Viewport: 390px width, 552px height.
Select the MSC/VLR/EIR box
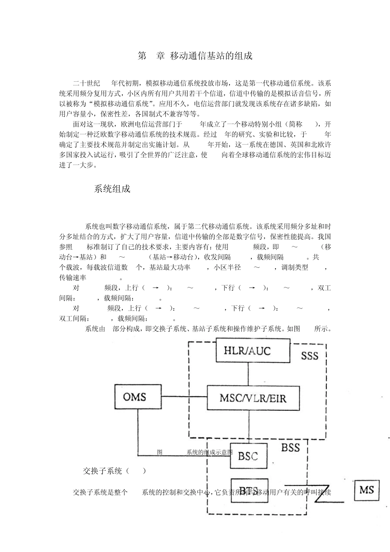(x=252, y=398)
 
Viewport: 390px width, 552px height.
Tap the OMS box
(x=135, y=397)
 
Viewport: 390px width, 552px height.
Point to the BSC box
(x=248, y=455)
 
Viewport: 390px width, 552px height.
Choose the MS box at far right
(x=367, y=490)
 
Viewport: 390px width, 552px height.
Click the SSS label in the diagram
(x=310, y=356)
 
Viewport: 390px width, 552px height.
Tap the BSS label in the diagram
(x=290, y=448)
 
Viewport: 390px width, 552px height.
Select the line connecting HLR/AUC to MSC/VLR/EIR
(x=248, y=374)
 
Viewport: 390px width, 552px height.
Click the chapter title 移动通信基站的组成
(x=211, y=56)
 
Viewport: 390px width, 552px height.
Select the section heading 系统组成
(x=112, y=189)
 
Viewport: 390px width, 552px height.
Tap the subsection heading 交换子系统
(x=103, y=471)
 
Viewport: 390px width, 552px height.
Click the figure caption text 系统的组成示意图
(x=209, y=452)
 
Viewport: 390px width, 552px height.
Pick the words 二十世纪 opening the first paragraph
(x=87, y=83)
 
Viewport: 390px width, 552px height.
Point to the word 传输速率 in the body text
(x=73, y=278)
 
